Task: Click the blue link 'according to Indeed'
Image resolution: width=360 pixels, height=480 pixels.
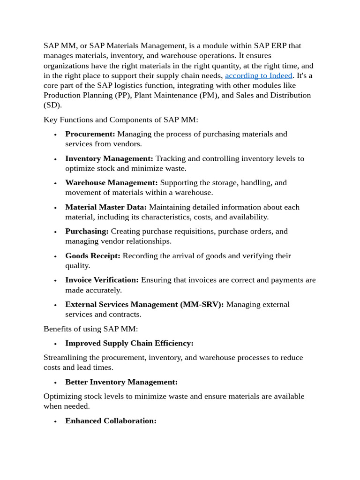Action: click(x=258, y=75)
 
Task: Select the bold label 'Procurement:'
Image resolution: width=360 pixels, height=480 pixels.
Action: click(x=90, y=134)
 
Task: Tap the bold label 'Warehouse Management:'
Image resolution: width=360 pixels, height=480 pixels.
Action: click(x=112, y=182)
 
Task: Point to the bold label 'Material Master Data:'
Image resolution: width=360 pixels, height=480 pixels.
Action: click(x=106, y=207)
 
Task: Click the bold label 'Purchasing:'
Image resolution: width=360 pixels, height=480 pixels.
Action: click(x=87, y=231)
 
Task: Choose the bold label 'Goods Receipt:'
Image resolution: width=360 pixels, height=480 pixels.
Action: click(x=93, y=256)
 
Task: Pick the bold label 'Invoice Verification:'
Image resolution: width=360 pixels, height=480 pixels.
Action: click(x=102, y=280)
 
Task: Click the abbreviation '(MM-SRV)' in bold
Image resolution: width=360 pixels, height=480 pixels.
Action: click(x=202, y=305)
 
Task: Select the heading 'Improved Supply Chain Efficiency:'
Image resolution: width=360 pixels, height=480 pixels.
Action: click(x=129, y=343)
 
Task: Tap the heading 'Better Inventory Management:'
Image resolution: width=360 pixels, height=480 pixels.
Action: click(x=121, y=382)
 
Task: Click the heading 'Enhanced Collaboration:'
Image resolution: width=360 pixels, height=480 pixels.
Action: click(x=111, y=421)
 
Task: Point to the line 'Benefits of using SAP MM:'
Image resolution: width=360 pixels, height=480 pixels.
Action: click(x=90, y=329)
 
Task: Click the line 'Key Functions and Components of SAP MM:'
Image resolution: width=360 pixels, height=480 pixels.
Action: click(x=121, y=120)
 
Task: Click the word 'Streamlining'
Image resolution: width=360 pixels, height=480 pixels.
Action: click(x=66, y=358)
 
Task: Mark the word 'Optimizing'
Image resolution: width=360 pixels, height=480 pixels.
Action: click(x=63, y=397)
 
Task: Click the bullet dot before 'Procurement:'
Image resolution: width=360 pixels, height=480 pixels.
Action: click(x=55, y=135)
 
